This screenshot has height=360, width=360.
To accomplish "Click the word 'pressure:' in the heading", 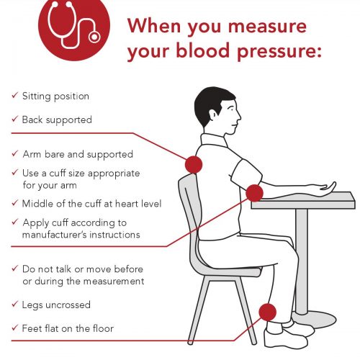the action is point(279,52).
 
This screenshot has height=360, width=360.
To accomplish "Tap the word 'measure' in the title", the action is point(267,26).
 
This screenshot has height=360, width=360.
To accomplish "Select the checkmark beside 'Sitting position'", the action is point(15,95).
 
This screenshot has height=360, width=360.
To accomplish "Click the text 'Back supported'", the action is point(57,120).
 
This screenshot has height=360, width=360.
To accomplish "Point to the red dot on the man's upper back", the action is point(194,165).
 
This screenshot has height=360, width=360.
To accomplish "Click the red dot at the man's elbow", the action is point(254,193).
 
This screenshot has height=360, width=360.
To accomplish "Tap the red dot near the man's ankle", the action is point(268,312).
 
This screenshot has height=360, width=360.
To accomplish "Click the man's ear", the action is point(212,114).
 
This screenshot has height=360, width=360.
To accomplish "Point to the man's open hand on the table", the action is point(324,186).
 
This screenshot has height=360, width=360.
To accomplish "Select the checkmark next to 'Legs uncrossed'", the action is point(15,304).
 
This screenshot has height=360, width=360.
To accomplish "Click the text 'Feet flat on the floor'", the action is point(68,328).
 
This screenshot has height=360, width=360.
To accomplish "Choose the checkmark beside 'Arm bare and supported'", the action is point(15,153).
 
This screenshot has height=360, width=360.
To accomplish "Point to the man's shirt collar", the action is point(214,140).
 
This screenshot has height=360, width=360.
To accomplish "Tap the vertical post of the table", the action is point(302,261).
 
